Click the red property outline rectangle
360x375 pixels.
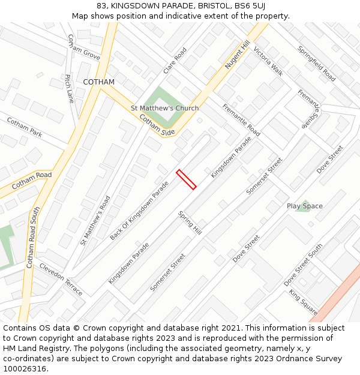[186, 179]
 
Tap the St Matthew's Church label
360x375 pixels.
[164, 109]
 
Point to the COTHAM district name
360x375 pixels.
[98, 82]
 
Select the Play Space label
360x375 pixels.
[304, 206]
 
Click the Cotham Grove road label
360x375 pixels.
[83, 47]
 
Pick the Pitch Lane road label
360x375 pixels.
[69, 89]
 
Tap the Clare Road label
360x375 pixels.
[175, 61]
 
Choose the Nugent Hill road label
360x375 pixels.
[237, 55]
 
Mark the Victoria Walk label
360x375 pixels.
[268, 61]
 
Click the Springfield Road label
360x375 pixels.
[316, 64]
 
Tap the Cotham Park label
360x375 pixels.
[25, 127]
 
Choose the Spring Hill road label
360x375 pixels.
[190, 223]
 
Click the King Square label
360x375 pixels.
[303, 302]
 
